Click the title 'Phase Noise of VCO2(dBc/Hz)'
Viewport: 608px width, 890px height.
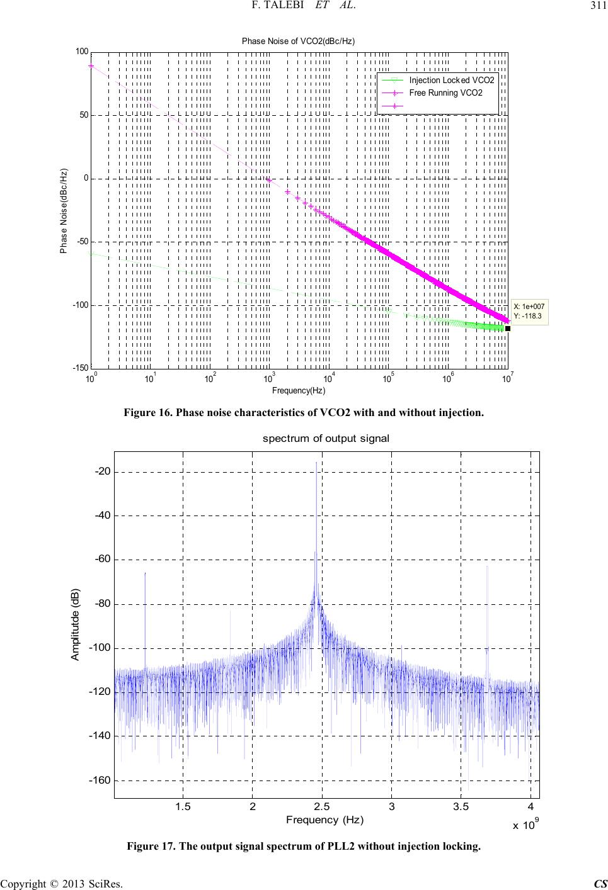point(299,41)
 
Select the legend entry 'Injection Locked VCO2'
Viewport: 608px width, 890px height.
point(451,81)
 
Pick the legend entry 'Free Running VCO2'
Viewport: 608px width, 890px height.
point(445,93)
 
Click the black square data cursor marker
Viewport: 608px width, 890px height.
point(507,328)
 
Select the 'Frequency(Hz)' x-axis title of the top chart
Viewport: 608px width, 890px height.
point(299,391)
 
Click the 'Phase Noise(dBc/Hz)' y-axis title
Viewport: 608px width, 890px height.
point(64,211)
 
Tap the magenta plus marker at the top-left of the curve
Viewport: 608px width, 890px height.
point(91,65)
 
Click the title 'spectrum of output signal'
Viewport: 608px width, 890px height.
point(326,438)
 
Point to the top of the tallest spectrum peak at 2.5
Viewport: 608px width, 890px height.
point(316,463)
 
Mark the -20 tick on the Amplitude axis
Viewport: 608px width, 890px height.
point(101,471)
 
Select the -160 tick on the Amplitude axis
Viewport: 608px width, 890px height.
point(99,780)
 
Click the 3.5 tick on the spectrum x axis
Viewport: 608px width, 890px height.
point(461,808)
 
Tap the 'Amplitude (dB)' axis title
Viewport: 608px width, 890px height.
point(75,625)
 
